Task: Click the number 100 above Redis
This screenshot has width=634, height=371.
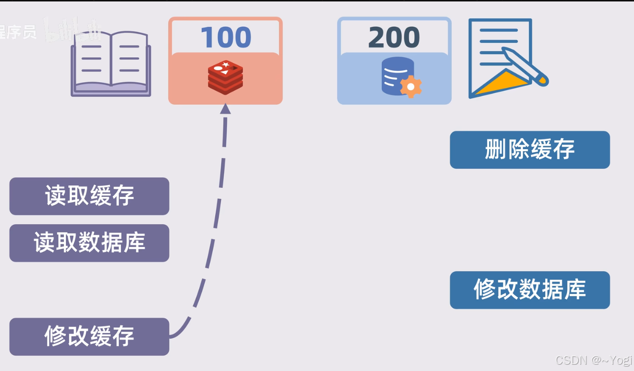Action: pos(225,37)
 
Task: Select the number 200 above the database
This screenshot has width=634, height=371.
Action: pos(394,37)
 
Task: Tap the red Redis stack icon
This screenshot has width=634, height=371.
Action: pos(225,77)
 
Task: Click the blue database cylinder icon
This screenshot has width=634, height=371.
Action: pos(397,75)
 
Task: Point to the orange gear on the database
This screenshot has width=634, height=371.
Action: pos(411,87)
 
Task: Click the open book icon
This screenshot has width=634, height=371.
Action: pos(111,63)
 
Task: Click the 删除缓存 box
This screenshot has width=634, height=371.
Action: pos(530,150)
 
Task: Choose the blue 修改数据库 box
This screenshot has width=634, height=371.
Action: pos(530,290)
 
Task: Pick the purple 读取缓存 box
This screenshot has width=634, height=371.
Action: pos(89,196)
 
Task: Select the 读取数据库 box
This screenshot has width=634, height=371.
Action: pos(89,243)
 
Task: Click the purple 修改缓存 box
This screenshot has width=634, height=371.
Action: pos(89,336)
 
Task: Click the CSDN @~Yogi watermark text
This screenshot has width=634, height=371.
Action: pos(594,360)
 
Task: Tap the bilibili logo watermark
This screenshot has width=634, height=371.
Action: pos(73,30)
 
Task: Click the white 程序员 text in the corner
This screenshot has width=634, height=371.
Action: pos(18,32)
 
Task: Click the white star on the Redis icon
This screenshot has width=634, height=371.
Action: pos(226,64)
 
